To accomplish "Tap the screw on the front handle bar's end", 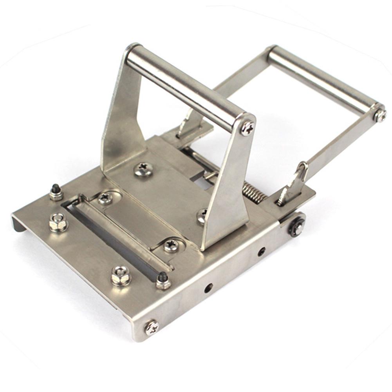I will (x=247, y=128).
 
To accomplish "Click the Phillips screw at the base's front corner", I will (x=152, y=327).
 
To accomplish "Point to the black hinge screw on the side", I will (x=296, y=226).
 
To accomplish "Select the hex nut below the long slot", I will (x=121, y=275).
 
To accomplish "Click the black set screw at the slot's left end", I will (x=56, y=192).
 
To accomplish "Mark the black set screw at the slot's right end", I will (x=163, y=280).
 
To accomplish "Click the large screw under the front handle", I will (x=143, y=169).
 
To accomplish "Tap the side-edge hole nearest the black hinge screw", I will (x=261, y=251).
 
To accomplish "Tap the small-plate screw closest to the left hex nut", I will (x=105, y=199).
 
